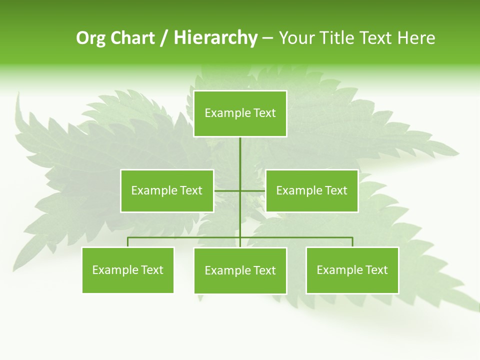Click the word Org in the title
pyautogui.click(x=90, y=38)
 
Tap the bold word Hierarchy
pyautogui.click(x=215, y=38)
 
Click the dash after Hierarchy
pyautogui.click(x=267, y=38)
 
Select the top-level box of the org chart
pyautogui.click(x=240, y=113)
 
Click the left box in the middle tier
pyautogui.click(x=167, y=190)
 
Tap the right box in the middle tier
pyautogui.click(x=312, y=190)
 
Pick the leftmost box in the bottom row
pyautogui.click(x=128, y=270)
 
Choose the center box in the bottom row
pyautogui.click(x=240, y=270)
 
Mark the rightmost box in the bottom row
pyautogui.click(x=352, y=270)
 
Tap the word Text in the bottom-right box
pyautogui.click(x=377, y=270)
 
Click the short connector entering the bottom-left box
pyautogui.click(x=128, y=242)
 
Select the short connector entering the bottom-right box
pyautogui.click(x=352, y=242)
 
